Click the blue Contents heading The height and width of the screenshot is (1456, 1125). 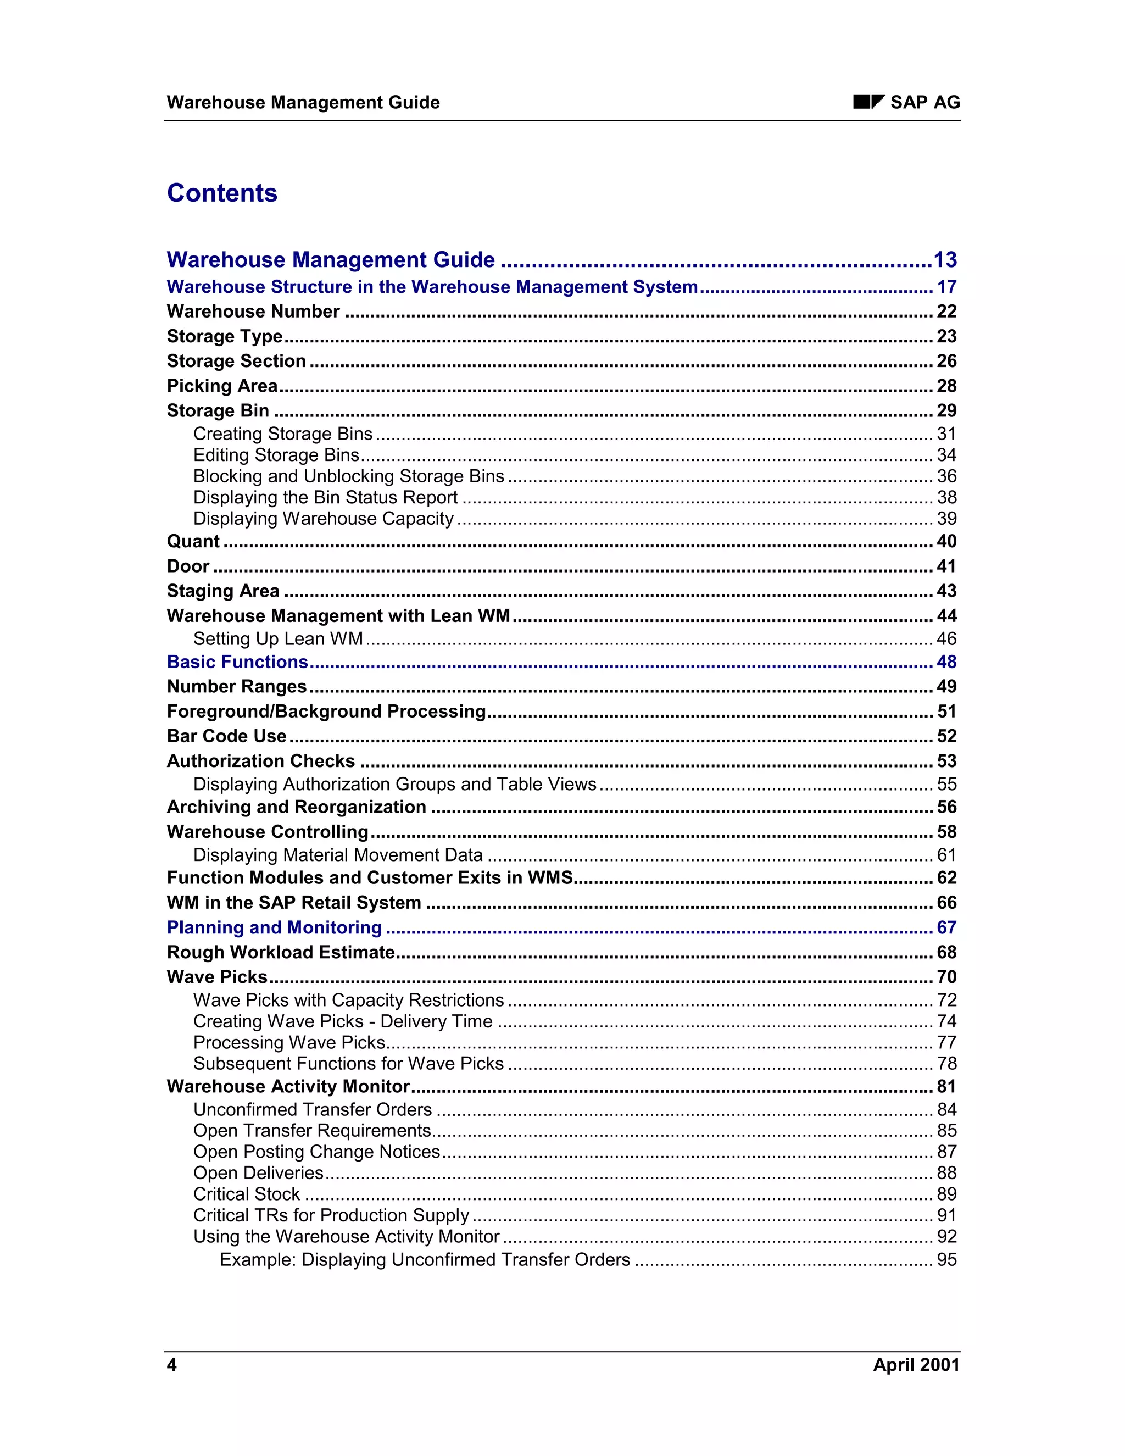(x=222, y=193)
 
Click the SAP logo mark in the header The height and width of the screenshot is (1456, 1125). (x=868, y=102)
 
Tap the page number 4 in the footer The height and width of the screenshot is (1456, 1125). (x=171, y=1365)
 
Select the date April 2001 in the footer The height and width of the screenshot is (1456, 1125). (x=916, y=1365)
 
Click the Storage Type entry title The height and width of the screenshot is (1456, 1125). (x=225, y=337)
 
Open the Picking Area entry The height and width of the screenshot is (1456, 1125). (x=222, y=386)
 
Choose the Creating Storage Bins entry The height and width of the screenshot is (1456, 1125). (x=282, y=434)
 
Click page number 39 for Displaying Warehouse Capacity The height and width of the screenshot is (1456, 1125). (x=946, y=519)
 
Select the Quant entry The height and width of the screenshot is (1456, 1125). (x=193, y=541)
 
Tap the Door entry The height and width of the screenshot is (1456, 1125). (x=188, y=566)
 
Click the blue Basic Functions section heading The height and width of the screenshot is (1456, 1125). (x=237, y=662)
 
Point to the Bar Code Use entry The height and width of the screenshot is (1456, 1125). (x=227, y=736)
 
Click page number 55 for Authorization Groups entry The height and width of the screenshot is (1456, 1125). (x=946, y=784)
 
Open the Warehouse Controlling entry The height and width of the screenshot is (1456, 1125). (x=268, y=832)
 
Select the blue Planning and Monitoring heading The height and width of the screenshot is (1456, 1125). (x=274, y=927)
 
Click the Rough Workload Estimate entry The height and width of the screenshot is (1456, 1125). (x=281, y=952)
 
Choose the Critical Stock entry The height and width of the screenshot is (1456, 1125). (x=247, y=1194)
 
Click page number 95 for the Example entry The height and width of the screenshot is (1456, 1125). (x=946, y=1260)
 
